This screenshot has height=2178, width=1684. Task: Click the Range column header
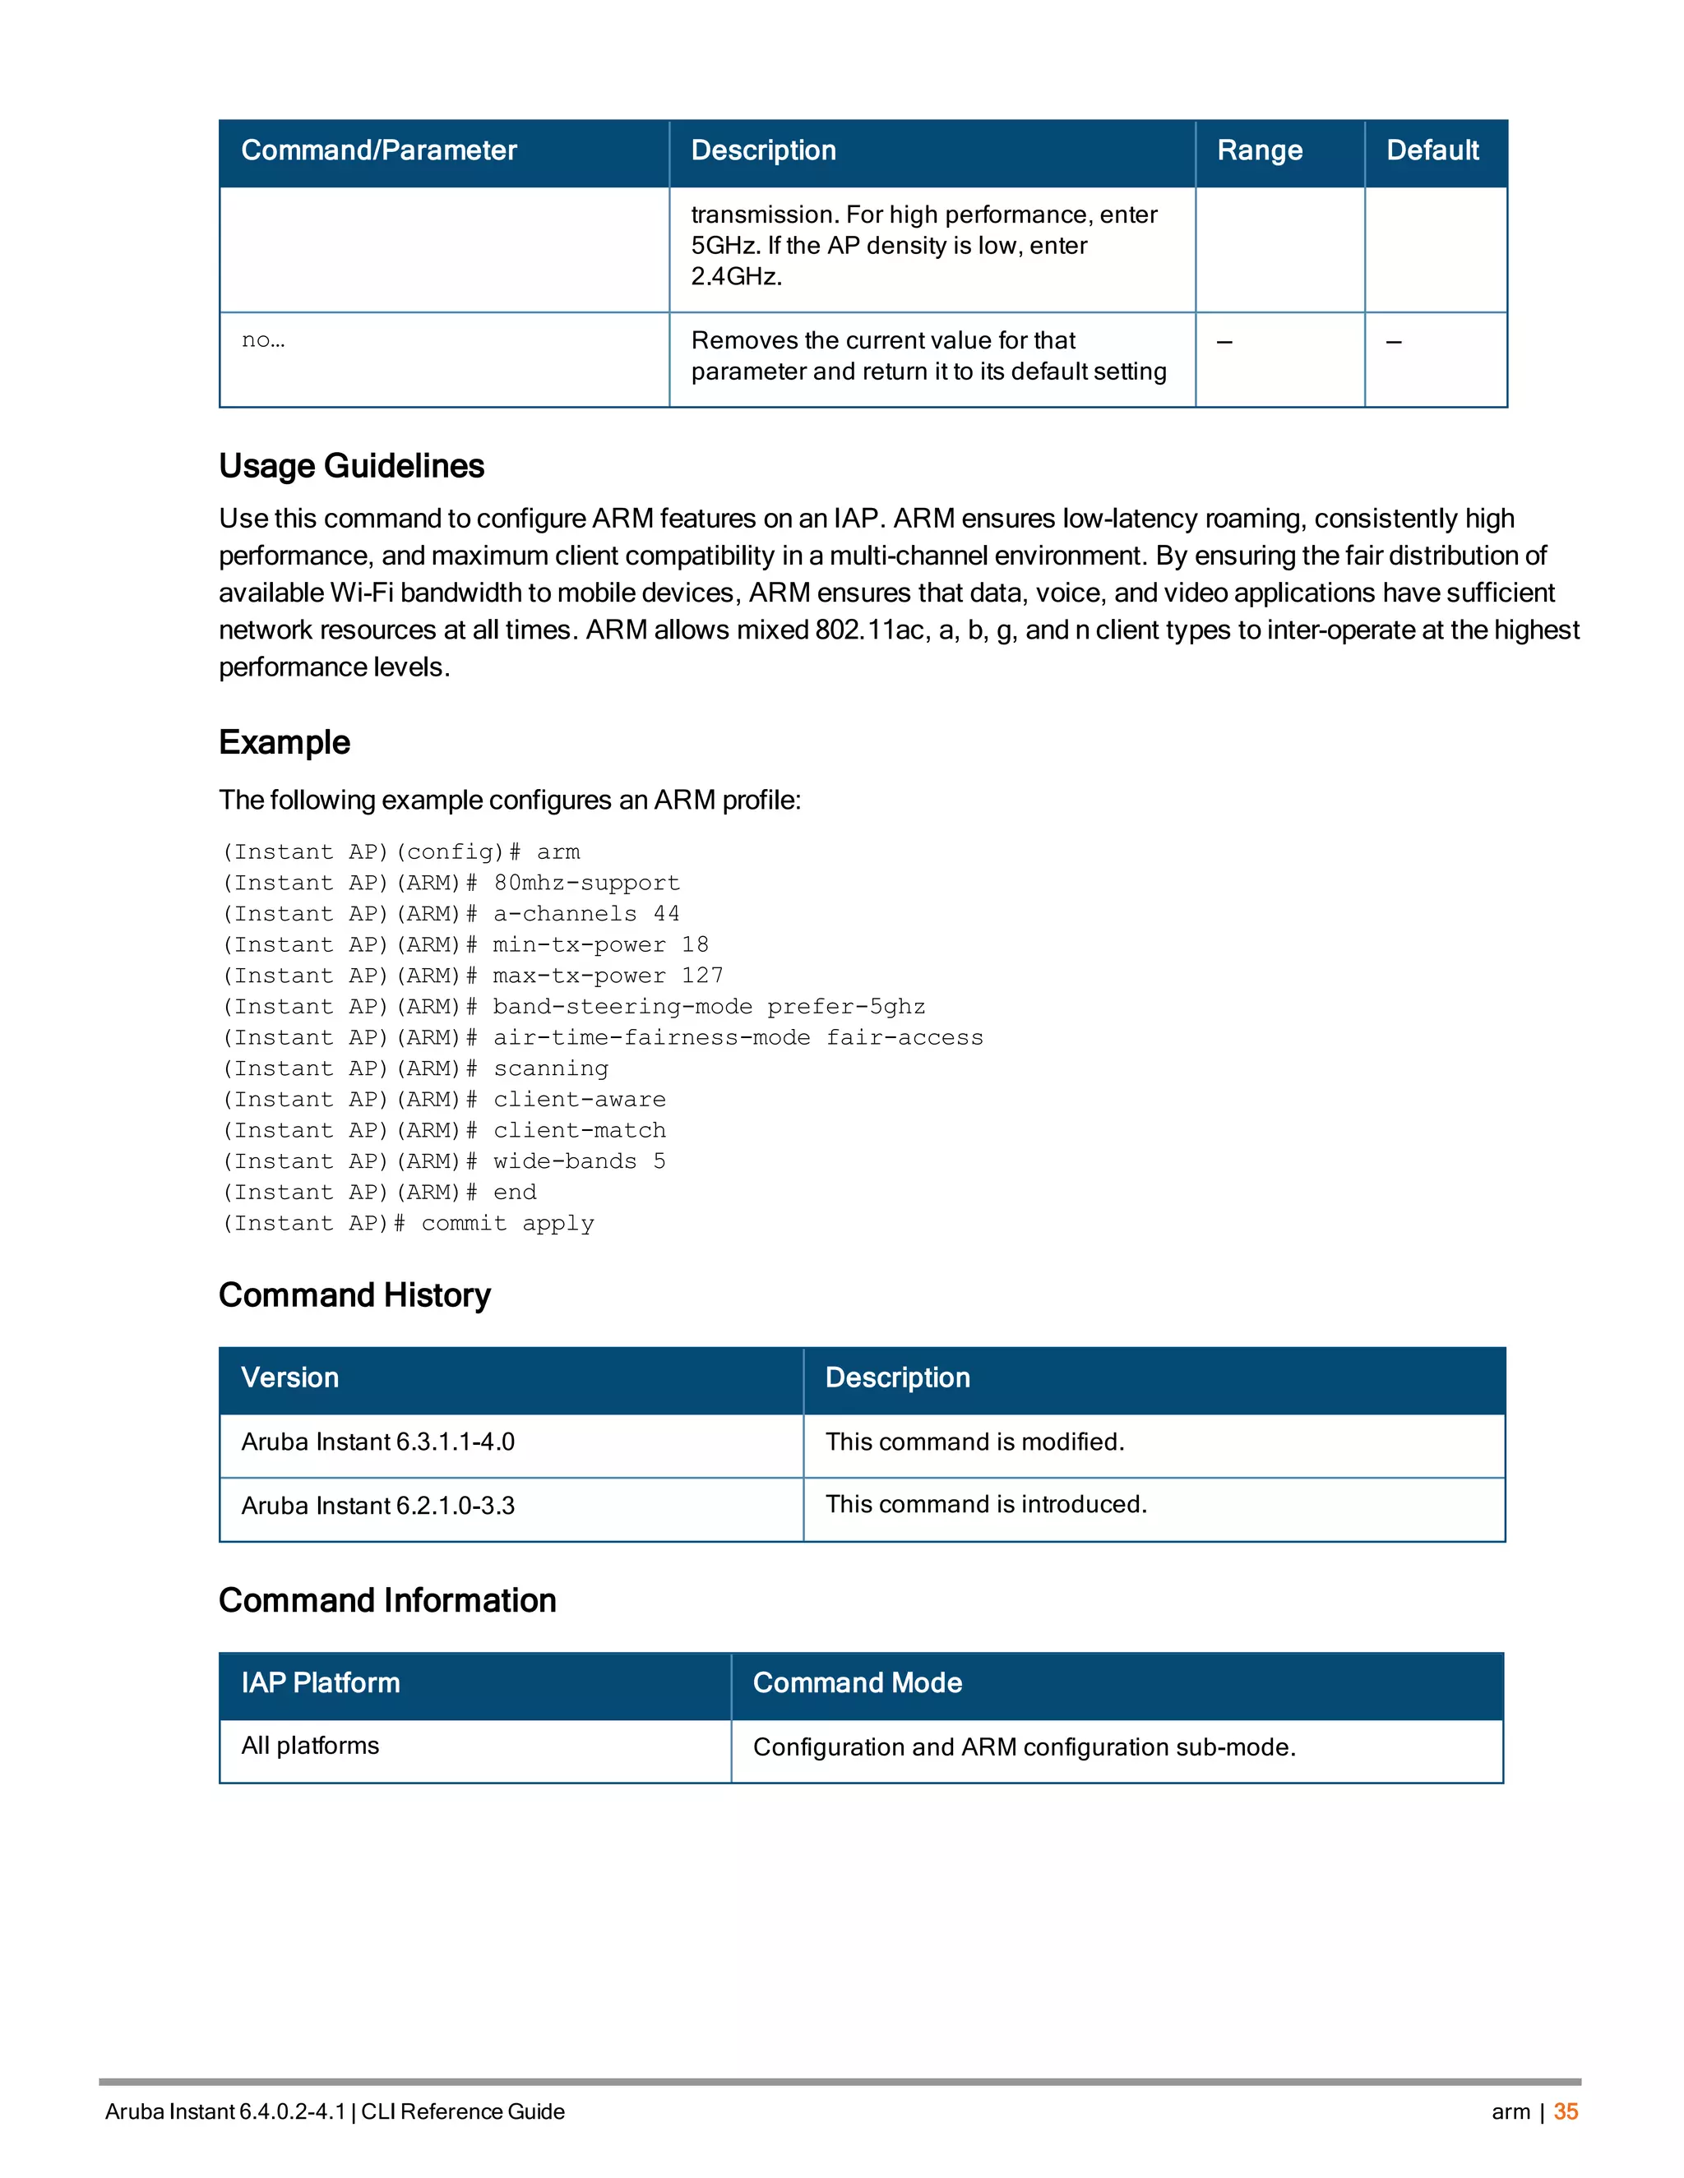pyautogui.click(x=1259, y=150)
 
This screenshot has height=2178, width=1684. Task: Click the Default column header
pyautogui.click(x=1432, y=150)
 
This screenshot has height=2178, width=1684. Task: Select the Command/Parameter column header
pyautogui.click(x=379, y=150)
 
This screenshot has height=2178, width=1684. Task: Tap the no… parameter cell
pyautogui.click(x=263, y=340)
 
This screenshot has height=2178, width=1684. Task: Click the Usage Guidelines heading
pyautogui.click(x=351, y=466)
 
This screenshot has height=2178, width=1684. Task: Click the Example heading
pyautogui.click(x=285, y=742)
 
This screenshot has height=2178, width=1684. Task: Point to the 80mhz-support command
pyautogui.click(x=586, y=883)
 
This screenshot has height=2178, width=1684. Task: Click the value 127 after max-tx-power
pyautogui.click(x=702, y=976)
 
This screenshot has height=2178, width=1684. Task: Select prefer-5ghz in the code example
pyautogui.click(x=846, y=1006)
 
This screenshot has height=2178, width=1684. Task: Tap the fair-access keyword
pyautogui.click(x=904, y=1037)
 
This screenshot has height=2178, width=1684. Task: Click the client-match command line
pyautogui.click(x=580, y=1130)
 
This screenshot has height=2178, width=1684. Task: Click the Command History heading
pyautogui.click(x=354, y=1294)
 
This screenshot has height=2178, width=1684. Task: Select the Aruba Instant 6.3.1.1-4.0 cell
pyautogui.click(x=378, y=1442)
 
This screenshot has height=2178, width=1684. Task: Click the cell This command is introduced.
pyautogui.click(x=986, y=1504)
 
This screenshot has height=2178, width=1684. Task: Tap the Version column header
pyautogui.click(x=290, y=1377)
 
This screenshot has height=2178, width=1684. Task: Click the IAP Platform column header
pyautogui.click(x=320, y=1682)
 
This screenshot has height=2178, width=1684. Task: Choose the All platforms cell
pyautogui.click(x=310, y=1745)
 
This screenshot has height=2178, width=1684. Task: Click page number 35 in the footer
pyautogui.click(x=1566, y=2111)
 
